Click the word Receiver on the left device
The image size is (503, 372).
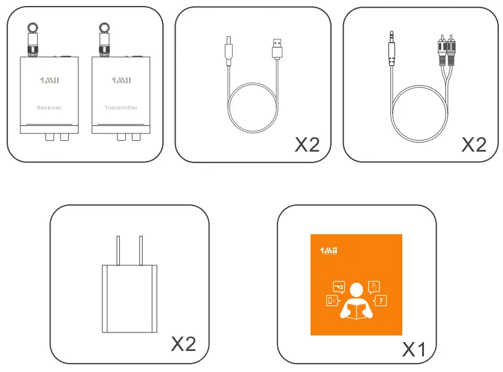pyautogui.click(x=49, y=108)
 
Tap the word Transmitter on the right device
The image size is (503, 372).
pyautogui.click(x=121, y=108)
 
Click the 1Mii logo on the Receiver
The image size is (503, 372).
pyautogui.click(x=49, y=80)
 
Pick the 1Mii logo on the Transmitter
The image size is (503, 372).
pyautogui.click(x=121, y=80)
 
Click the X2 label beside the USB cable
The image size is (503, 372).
pyautogui.click(x=307, y=144)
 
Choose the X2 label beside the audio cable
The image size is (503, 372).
pyautogui.click(x=474, y=144)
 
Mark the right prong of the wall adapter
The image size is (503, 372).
pyautogui.click(x=140, y=250)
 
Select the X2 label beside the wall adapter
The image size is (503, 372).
pyautogui.click(x=183, y=343)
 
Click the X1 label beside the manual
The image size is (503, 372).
pyautogui.click(x=413, y=349)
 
